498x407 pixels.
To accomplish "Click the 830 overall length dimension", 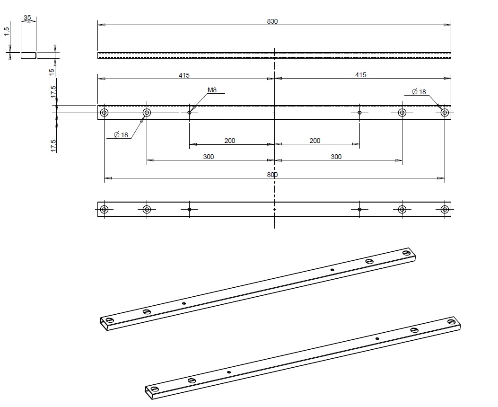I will (272, 21).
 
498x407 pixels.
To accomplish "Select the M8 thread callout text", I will (212, 90).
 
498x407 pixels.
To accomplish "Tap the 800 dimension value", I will (272, 175).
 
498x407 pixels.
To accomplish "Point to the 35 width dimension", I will (27, 18).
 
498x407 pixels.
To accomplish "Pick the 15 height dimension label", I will (52, 71).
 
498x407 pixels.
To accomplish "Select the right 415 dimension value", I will (360, 75).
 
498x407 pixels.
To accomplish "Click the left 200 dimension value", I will (229, 141).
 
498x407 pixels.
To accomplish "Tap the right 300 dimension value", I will (336, 157).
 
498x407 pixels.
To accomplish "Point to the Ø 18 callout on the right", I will (419, 91).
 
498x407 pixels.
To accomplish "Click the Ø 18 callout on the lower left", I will (121, 135).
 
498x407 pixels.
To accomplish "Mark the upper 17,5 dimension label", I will (53, 92).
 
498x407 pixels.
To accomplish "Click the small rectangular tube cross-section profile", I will (28, 55).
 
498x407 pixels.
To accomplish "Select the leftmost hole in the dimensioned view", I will (104, 113).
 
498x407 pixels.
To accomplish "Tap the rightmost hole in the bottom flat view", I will (445, 209).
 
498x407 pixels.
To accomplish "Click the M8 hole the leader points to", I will (190, 113).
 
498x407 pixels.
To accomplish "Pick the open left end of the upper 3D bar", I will (103, 323).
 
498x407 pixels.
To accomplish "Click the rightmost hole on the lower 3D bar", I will (452, 322).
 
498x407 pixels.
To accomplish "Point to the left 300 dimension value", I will (208, 157).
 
